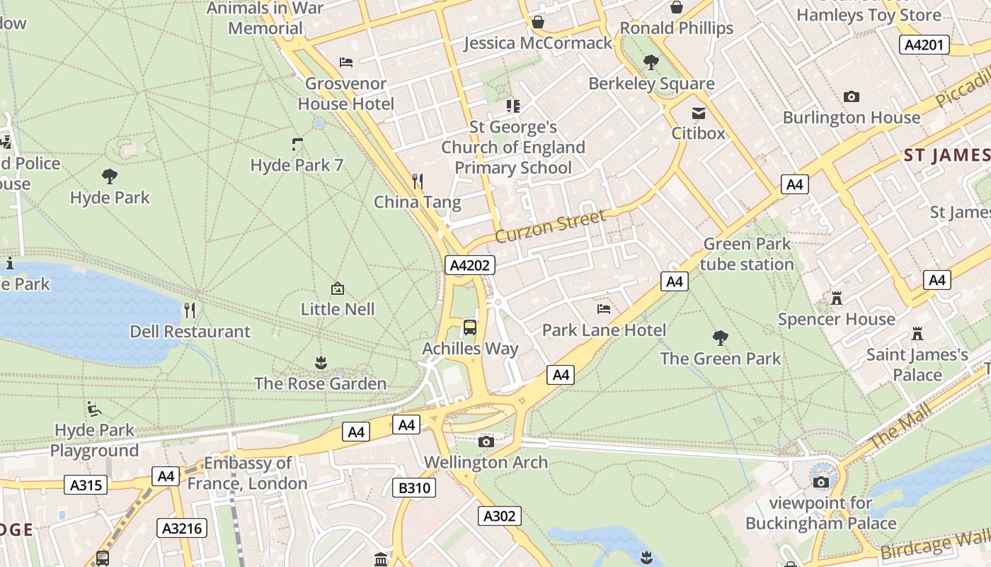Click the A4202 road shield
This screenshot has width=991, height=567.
click(470, 266)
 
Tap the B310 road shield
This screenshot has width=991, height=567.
click(413, 488)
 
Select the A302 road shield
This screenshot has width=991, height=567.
click(499, 516)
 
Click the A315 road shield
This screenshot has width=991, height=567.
click(87, 485)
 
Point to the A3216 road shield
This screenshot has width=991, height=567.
click(182, 528)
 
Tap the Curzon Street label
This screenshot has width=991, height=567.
click(551, 225)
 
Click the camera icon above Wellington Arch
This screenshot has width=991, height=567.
click(486, 442)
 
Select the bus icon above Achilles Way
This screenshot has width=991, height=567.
click(469, 327)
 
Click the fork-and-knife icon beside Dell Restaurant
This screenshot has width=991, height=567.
click(189, 310)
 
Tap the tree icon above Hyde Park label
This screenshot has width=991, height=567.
click(110, 176)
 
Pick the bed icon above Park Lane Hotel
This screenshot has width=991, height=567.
click(604, 309)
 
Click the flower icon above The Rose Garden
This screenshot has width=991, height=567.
click(321, 363)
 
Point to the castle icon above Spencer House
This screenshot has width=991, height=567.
click(837, 298)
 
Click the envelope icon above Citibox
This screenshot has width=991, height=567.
click(699, 113)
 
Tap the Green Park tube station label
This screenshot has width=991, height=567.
click(747, 254)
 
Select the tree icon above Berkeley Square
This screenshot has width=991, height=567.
click(651, 62)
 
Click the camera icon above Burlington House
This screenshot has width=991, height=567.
click(852, 96)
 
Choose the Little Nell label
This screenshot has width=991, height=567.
click(338, 309)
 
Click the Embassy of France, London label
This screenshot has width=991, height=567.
click(248, 473)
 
